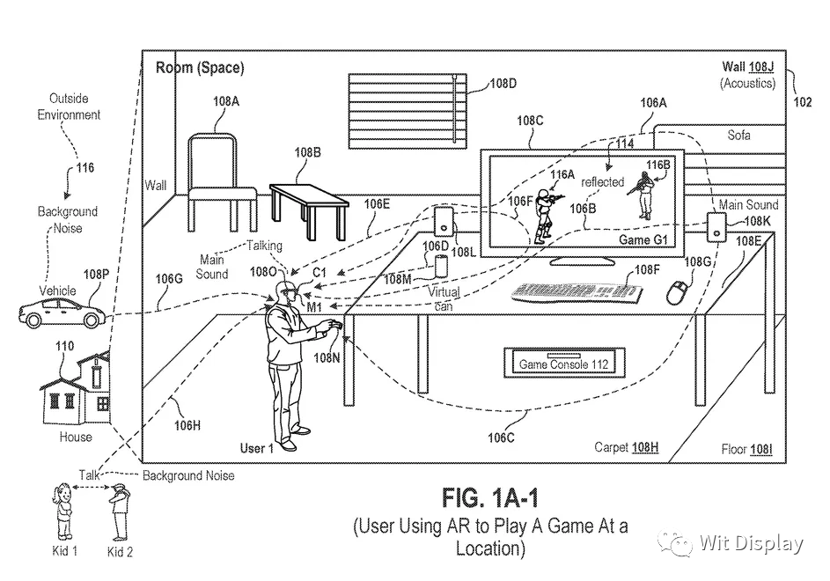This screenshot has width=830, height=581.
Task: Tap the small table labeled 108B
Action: [308, 203]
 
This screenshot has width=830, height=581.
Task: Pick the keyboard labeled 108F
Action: [571, 291]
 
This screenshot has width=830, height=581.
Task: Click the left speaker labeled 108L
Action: [444, 226]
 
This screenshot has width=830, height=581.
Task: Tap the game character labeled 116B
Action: [644, 195]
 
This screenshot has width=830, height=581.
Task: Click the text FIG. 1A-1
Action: [490, 500]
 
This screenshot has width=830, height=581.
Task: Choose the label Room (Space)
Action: [200, 68]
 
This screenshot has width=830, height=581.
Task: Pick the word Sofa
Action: [739, 135]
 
